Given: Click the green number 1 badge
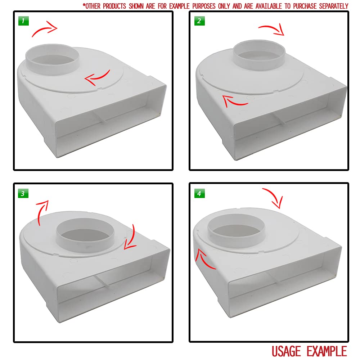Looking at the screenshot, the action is point(23,21).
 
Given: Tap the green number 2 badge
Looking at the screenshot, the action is point(199,21).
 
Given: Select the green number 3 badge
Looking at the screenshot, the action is point(23,193).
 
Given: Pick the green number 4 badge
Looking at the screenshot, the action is point(199,193).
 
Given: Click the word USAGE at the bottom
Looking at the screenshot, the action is point(286,351).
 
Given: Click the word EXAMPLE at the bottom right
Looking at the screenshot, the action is point(327,351).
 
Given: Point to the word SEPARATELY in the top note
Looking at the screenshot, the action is point(334,6).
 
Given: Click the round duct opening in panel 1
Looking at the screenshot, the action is point(52,59).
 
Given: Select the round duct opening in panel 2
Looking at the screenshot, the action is point(259,55).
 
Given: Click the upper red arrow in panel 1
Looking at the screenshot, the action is point(44,29).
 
